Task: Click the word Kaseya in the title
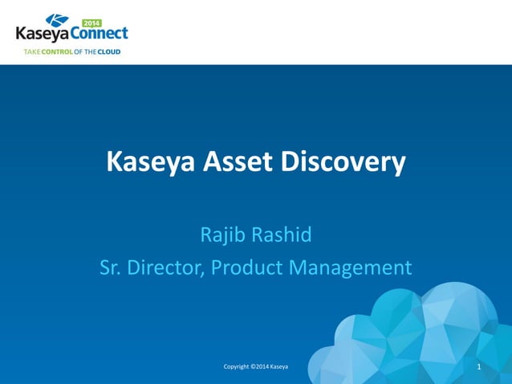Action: [x=150, y=163]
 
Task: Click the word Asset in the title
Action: [x=238, y=163]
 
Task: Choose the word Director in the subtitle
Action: [x=167, y=268]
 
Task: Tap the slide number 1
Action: [x=478, y=367]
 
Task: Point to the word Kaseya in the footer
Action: [x=279, y=367]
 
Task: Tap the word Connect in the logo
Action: [x=99, y=35]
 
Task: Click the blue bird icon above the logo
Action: [x=58, y=20]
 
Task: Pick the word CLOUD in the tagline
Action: [x=108, y=52]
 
